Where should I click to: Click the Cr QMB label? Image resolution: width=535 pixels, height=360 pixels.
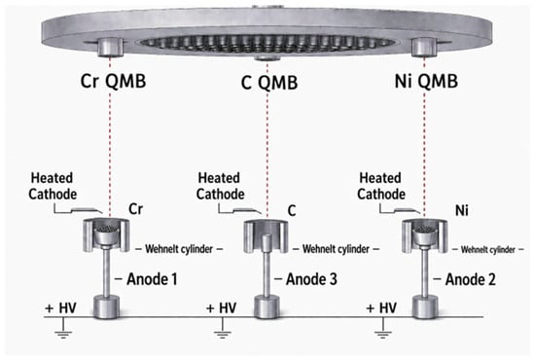coord(113,81)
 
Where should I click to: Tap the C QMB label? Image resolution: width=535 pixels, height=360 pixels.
coord(269,83)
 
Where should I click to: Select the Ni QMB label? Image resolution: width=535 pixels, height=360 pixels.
coord(426,81)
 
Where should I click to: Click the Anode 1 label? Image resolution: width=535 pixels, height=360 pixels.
coord(152,279)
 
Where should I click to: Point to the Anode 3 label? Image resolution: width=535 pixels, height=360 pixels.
coord(311,279)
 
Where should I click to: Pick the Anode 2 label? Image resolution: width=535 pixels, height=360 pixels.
coord(471,279)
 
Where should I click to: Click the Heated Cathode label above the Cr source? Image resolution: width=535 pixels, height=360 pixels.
coord(53,186)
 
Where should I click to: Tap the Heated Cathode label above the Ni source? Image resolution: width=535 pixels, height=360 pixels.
coord(381,186)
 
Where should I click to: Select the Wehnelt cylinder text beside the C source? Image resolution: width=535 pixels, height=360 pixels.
coord(336,249)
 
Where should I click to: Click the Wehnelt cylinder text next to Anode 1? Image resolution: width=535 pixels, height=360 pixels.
coord(179,249)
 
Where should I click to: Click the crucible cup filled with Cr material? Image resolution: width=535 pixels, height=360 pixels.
coord(106,234)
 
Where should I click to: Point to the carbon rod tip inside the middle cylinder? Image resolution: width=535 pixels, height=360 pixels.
coord(267,237)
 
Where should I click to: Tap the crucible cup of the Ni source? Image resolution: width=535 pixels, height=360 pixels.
coord(424,234)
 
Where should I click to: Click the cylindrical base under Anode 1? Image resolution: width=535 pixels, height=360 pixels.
coord(107,306)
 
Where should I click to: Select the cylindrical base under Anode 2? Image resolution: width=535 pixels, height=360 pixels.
coord(425,307)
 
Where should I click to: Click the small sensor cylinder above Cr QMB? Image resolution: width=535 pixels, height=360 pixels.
coord(110,47)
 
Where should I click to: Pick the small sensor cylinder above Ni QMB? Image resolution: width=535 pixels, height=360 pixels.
coord(424,47)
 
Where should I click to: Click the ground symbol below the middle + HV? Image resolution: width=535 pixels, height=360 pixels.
coord(223,328)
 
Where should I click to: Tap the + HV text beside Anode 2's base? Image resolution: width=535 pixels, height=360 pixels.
coord(381,308)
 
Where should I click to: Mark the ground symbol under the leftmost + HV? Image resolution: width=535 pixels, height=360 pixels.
coord(63,328)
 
